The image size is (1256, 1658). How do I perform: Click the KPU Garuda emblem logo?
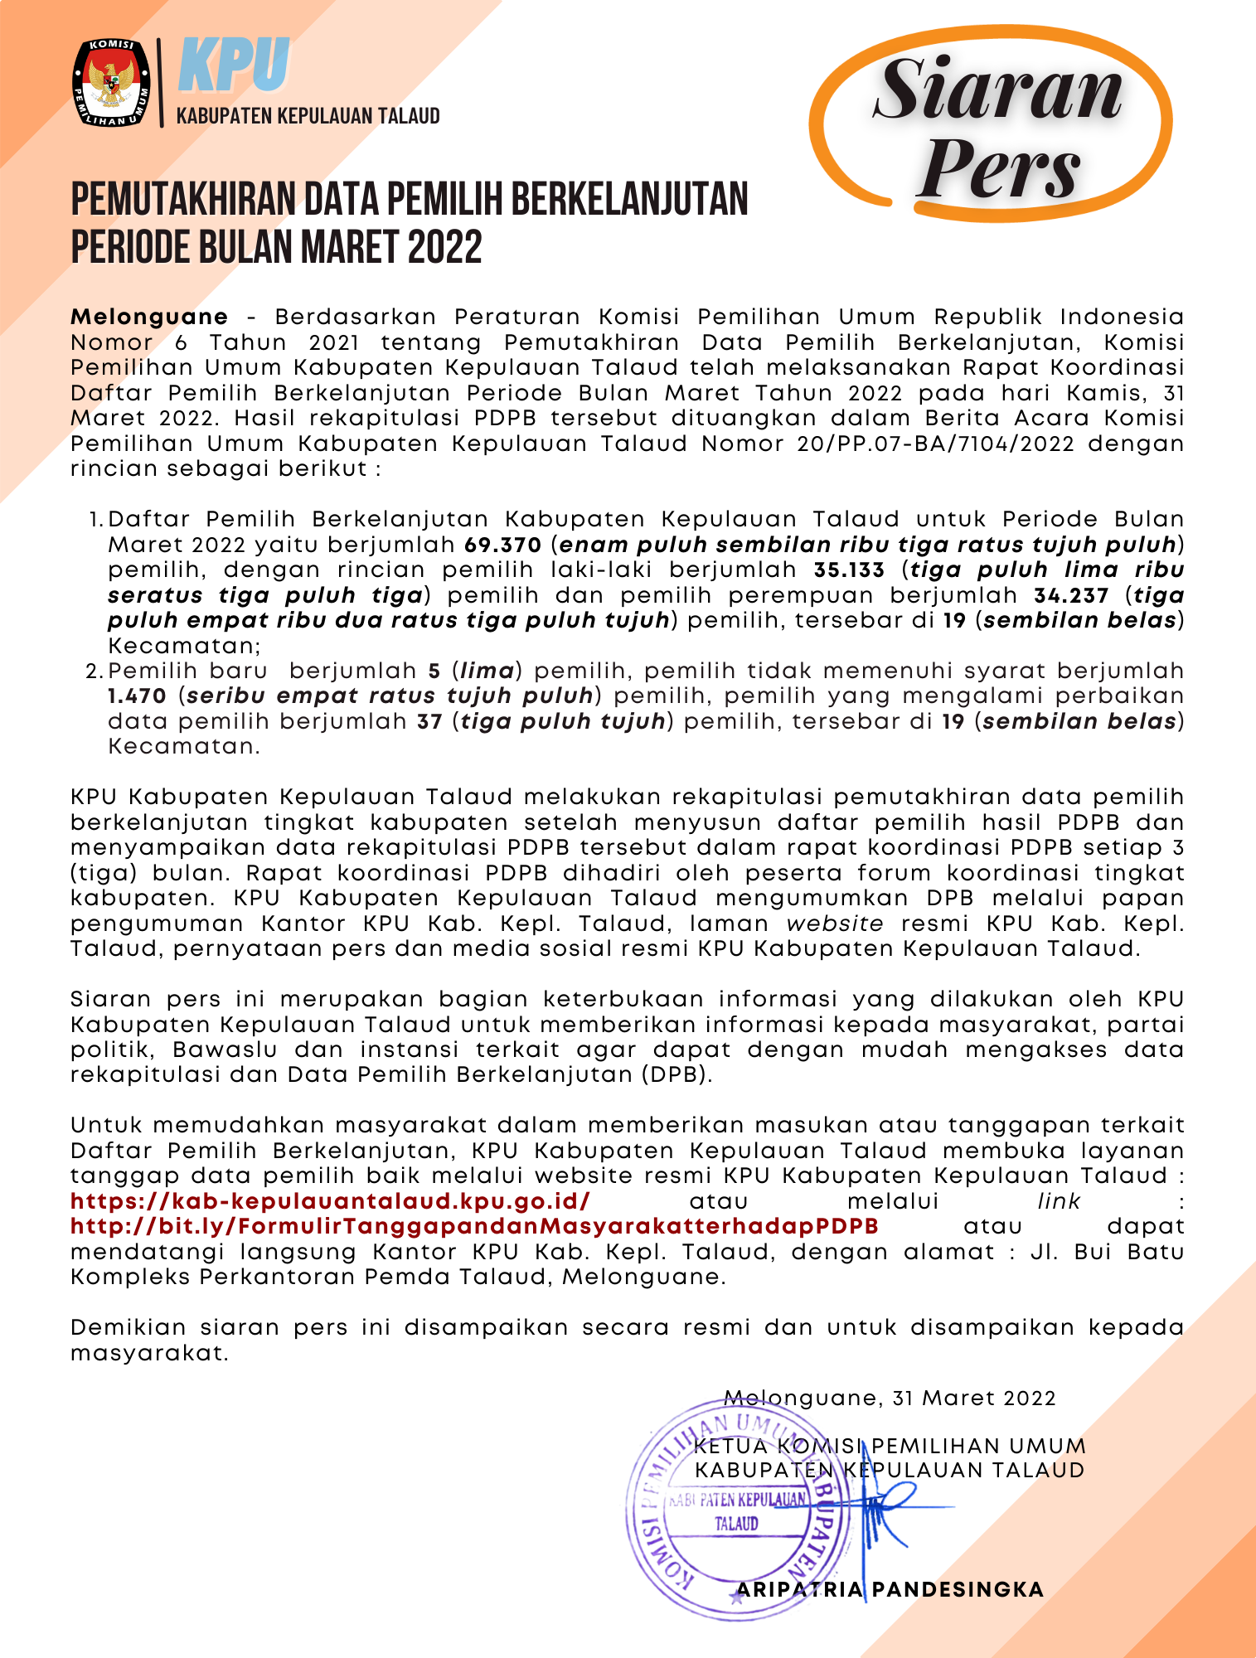[112, 83]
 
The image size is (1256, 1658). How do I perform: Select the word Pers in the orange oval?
[1000, 168]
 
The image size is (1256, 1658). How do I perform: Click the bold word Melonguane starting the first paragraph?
[149, 317]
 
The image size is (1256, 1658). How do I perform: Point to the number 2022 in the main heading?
[444, 247]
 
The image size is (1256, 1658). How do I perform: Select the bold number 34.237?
[1071, 595]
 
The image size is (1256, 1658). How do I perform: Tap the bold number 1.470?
[138, 696]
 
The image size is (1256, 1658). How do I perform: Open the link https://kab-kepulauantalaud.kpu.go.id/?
[330, 1200]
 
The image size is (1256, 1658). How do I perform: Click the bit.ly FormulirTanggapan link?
[474, 1226]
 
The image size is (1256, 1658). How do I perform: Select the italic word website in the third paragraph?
[835, 923]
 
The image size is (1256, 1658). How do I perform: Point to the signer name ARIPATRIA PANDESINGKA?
[890, 1589]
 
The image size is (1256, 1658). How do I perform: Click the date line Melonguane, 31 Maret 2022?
[890, 1398]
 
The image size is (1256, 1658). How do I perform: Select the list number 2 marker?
[94, 671]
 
